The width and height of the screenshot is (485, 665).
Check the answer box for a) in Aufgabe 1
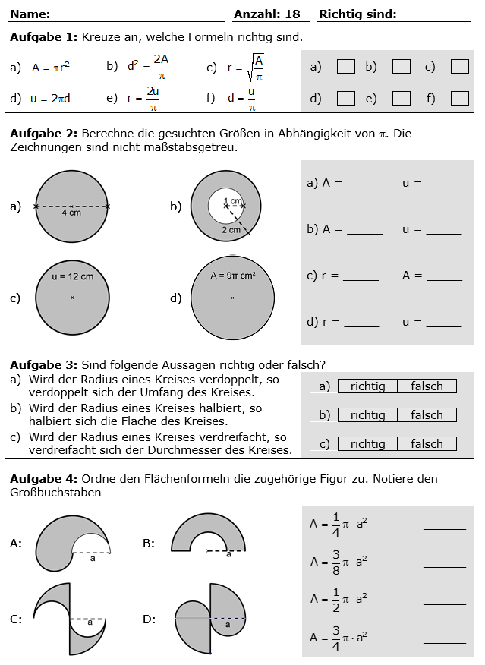(345, 67)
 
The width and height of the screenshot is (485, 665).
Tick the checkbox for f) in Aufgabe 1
(459, 98)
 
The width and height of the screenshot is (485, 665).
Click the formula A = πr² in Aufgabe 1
(51, 68)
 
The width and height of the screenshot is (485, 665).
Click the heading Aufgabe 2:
(43, 134)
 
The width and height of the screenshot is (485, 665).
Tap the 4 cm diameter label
(71, 213)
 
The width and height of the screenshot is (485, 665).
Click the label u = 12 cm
(72, 276)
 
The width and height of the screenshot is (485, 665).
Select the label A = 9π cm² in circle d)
(233, 276)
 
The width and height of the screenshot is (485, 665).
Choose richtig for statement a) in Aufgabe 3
(367, 386)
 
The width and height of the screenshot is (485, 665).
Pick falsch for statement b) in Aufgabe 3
(427, 415)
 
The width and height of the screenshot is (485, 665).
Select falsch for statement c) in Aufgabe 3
(427, 444)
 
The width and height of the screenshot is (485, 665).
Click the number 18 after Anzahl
(293, 14)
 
